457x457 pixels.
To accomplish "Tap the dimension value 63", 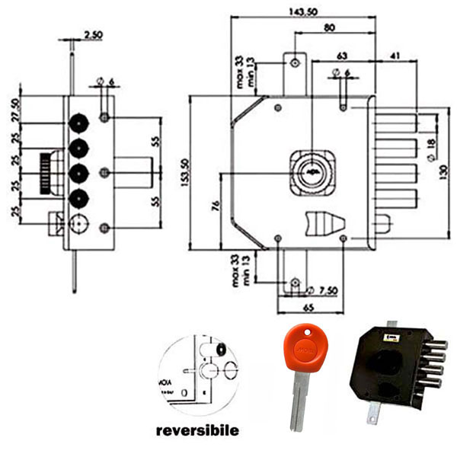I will pyautogui.click(x=341, y=56).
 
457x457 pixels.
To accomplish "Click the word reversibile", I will pyautogui.click(x=197, y=430).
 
